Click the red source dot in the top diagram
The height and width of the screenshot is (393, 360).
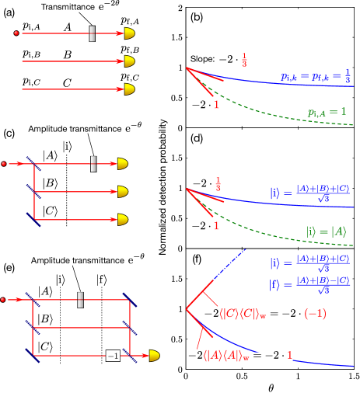[16, 33]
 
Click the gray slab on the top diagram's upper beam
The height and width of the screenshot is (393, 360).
[92, 33]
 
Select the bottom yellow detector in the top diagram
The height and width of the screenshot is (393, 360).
[129, 89]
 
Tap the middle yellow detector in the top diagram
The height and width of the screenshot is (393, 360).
[129, 61]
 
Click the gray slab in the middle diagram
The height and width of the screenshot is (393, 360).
[93, 164]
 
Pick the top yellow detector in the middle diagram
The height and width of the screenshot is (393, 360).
[122, 164]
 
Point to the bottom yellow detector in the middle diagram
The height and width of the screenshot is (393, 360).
[122, 220]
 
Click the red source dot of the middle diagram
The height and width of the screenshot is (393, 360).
[4, 164]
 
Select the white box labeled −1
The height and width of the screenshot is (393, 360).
[113, 356]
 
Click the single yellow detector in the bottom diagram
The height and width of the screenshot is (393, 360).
[154, 356]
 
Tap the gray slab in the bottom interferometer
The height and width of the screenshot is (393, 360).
[80, 299]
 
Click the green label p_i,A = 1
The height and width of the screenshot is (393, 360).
[327, 112]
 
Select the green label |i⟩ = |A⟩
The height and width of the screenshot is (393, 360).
[326, 231]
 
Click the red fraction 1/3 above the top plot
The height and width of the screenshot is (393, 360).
[244, 60]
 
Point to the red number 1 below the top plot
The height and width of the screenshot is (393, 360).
[217, 104]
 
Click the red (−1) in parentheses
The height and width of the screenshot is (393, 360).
[315, 314]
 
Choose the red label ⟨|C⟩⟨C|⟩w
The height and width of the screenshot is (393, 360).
[243, 314]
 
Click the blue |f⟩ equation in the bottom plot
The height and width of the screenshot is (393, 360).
[309, 285]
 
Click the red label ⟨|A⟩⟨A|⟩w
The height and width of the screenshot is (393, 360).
[227, 356]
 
